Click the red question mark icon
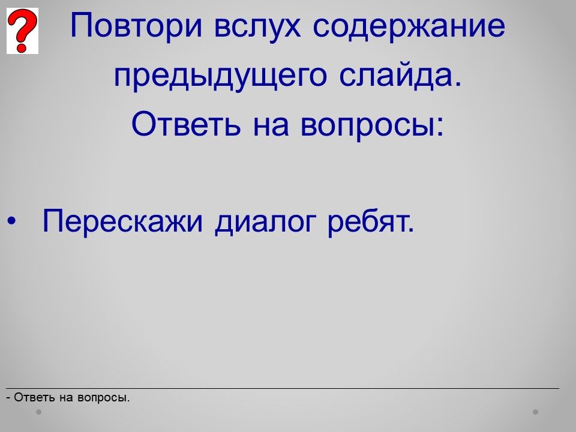(22, 31)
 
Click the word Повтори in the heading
(136, 26)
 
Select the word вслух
(257, 26)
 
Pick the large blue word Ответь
(186, 124)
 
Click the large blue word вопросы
(368, 125)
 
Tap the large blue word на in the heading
(271, 125)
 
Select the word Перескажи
(122, 221)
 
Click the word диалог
(265, 223)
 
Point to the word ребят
(371, 221)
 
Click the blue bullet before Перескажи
(12, 221)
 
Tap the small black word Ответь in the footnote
(35, 397)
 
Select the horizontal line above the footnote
(283, 388)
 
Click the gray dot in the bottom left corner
(38, 412)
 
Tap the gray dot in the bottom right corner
(536, 412)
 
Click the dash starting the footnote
(8, 398)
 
